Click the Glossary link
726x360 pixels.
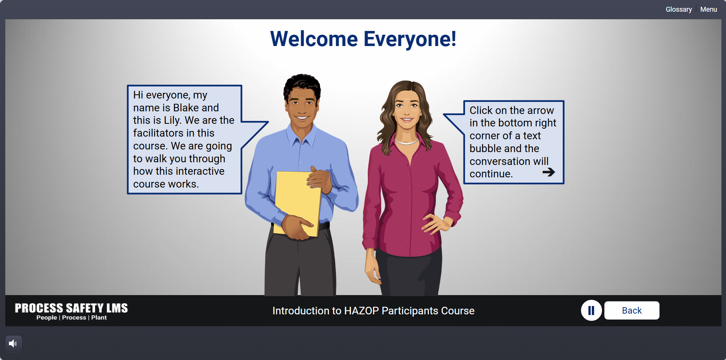[x=678, y=9]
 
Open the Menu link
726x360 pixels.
[x=709, y=9]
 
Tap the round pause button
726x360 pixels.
[x=591, y=310]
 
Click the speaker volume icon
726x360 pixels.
[x=14, y=343]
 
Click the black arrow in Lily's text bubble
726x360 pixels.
[x=549, y=172]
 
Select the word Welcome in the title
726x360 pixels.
[x=314, y=39]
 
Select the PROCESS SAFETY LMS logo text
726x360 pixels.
[x=71, y=308]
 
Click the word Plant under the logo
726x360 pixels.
[x=99, y=318]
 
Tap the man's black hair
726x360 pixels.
[x=302, y=85]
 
